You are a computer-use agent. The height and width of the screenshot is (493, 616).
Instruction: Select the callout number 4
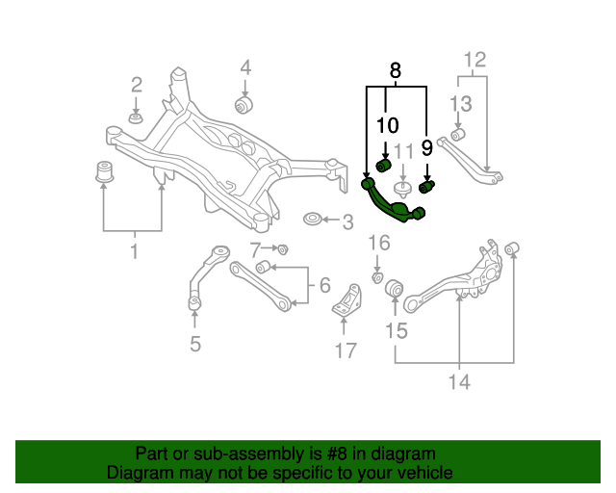coord(245,67)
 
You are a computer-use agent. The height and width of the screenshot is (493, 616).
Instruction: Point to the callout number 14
coord(458,382)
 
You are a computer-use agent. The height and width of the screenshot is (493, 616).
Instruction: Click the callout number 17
coord(346,350)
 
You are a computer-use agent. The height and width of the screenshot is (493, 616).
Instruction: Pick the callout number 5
coord(195,343)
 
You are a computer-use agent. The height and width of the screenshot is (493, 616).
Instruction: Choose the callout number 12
coord(474,62)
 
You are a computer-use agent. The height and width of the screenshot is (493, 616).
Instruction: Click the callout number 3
coord(347,222)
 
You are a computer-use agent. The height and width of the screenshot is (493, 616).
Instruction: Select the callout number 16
coord(379,242)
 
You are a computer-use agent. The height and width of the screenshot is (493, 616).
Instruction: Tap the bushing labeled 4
coord(244,103)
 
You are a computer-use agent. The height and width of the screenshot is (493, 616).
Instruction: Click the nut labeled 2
coord(136,117)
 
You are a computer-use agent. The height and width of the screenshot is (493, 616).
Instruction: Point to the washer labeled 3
coord(314,221)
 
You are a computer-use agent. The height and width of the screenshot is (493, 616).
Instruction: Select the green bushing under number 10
coord(383,166)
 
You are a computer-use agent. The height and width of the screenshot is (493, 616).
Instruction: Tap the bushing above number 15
coord(394,289)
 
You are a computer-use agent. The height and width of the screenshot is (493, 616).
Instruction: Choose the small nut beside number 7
coord(283,249)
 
